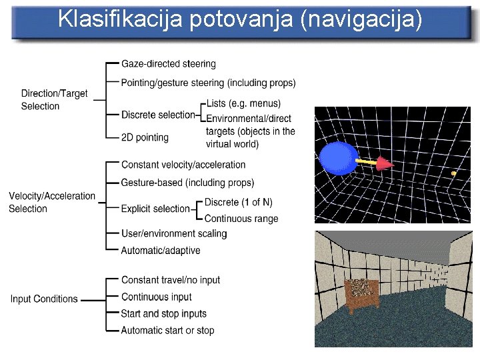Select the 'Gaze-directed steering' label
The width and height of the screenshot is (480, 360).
[x=169, y=64]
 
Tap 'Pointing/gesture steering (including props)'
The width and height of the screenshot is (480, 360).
[x=209, y=83]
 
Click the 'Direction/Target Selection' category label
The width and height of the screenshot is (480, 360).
[x=54, y=100]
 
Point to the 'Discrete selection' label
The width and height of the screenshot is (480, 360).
[x=158, y=115]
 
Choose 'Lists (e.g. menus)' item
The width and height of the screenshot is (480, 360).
[x=243, y=103]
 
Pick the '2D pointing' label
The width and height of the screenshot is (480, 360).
[x=145, y=137]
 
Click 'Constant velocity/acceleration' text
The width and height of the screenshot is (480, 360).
[x=183, y=165]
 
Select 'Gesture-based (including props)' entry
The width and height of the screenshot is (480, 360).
[x=187, y=182]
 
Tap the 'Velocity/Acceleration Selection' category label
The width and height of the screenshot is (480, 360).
[x=51, y=202]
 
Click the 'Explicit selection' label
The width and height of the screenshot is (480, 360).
[x=155, y=209]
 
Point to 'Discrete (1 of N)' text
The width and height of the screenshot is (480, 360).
[x=238, y=202]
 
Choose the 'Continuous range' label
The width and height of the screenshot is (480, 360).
[x=241, y=219]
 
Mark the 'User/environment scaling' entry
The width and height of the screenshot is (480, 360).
[x=174, y=233]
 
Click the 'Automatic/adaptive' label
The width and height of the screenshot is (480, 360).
[x=161, y=251]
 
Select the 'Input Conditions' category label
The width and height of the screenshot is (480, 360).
[x=44, y=299]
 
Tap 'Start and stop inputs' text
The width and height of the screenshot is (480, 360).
[x=164, y=313]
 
